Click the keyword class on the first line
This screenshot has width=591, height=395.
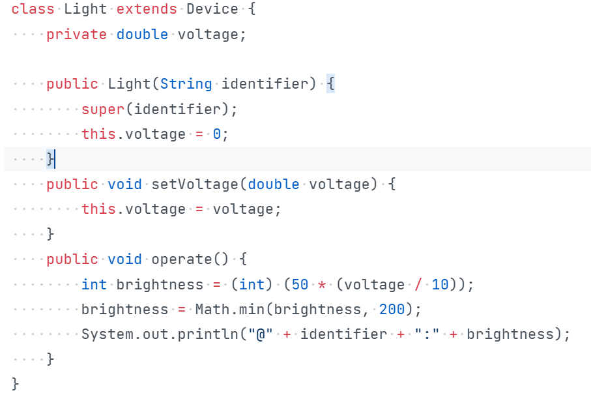pos(33,9)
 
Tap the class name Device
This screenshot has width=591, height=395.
pos(212,9)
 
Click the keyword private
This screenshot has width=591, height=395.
pos(76,34)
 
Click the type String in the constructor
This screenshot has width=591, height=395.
pos(186,84)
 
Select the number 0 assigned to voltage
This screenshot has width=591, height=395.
pos(217,134)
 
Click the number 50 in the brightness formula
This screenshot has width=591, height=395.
pos(301,285)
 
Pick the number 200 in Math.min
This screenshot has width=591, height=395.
pos(392,310)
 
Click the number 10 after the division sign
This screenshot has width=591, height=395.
pos(440,285)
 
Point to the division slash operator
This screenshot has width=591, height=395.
pos(418,285)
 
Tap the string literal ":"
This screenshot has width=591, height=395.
pos(427,334)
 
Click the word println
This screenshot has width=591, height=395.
pos(209,334)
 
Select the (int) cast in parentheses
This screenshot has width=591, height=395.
pos(252,285)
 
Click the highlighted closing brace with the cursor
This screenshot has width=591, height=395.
pos(50,159)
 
